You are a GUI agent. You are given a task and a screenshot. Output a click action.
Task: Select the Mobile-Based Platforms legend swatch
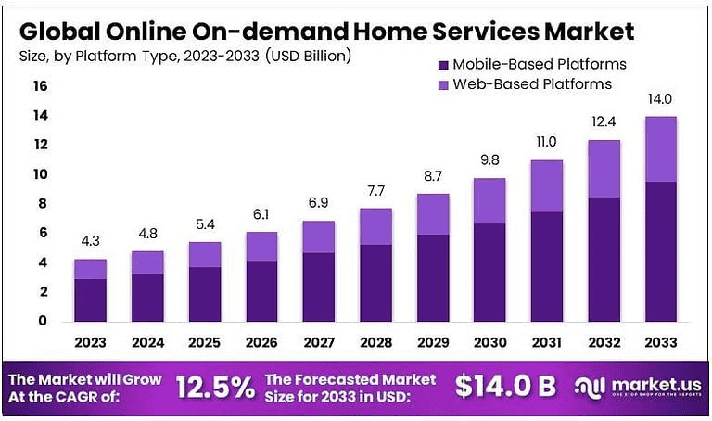[442, 65]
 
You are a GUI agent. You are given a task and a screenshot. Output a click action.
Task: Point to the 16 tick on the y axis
[40, 86]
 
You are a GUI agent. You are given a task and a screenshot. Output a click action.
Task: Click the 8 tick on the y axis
[40, 204]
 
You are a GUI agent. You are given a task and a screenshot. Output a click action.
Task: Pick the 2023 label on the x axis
[90, 342]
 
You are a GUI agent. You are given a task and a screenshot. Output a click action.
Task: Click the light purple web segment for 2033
[661, 149]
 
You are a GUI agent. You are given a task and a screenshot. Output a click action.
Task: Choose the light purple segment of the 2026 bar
[262, 247]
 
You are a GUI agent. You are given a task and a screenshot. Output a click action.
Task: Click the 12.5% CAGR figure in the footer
[213, 388]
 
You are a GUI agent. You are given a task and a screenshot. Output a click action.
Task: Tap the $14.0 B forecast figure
[506, 388]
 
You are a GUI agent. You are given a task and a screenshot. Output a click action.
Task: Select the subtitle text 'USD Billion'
[306, 57]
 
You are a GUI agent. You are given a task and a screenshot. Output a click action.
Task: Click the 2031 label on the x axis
[547, 342]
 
